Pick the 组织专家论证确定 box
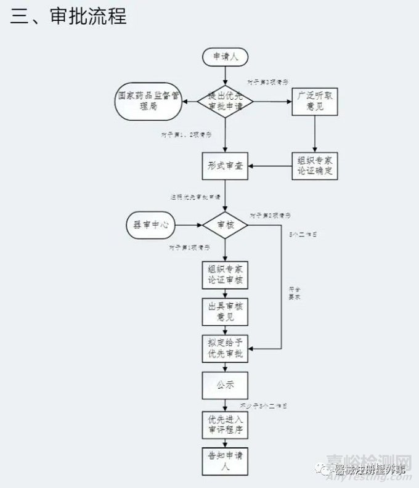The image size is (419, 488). (314, 165)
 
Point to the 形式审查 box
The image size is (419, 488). (225, 166)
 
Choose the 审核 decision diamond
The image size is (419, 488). (225, 226)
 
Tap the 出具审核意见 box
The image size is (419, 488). (225, 312)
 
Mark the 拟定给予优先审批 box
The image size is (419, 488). (225, 349)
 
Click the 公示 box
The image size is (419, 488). (225, 386)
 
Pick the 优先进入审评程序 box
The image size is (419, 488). (225, 425)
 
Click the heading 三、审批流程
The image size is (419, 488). (68, 17)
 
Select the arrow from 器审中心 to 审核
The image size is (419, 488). (188, 226)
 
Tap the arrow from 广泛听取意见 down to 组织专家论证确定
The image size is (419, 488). (315, 133)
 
